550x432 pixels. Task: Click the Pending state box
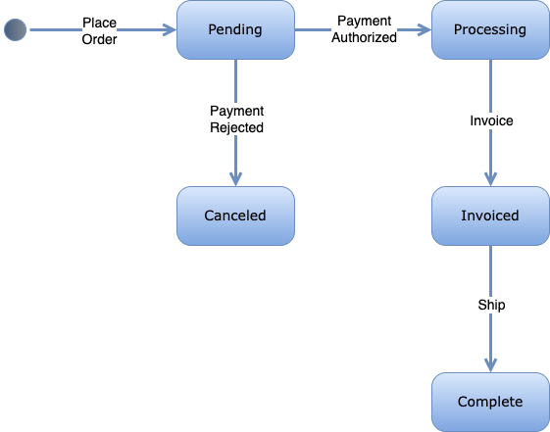tap(235, 29)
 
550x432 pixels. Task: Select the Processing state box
tap(489, 29)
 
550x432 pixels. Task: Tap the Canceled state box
tap(235, 216)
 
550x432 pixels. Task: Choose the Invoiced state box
tap(489, 216)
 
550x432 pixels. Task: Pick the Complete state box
tap(489, 402)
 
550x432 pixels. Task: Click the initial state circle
tap(16, 29)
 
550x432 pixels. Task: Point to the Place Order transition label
tap(99, 29)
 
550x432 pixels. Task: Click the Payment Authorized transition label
tap(366, 29)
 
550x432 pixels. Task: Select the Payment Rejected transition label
tap(236, 119)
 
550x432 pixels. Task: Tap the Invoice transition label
tap(491, 120)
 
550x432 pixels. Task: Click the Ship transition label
tap(491, 305)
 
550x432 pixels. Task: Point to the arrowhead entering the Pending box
tap(169, 29)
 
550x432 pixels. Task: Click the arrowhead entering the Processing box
tap(424, 29)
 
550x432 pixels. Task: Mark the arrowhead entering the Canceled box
tap(235, 179)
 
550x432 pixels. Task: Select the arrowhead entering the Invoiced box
tap(490, 179)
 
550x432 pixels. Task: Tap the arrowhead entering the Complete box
tap(490, 365)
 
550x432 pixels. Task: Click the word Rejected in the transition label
tap(236, 127)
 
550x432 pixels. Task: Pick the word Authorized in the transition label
tap(366, 38)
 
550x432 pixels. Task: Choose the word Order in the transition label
tap(99, 38)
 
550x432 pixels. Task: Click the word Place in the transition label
tap(99, 21)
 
